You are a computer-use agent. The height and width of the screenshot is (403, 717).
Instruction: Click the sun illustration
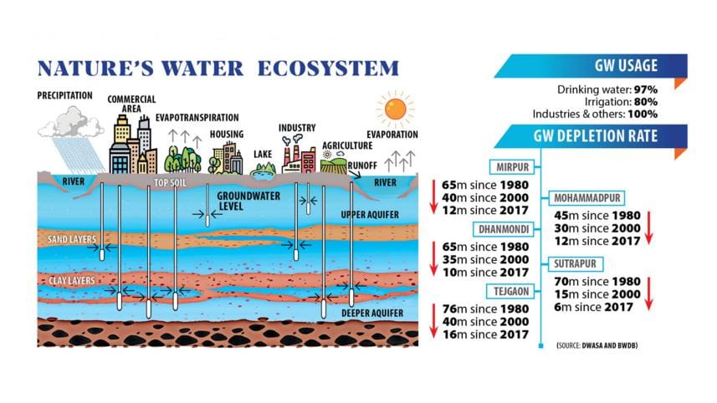coord(395,109)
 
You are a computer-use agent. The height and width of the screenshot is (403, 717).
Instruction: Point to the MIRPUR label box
coord(513,166)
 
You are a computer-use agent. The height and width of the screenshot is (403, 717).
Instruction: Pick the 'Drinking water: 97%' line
coord(607,89)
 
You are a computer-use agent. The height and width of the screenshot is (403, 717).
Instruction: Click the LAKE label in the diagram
coord(264,155)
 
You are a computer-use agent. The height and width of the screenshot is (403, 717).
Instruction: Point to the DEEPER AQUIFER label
coord(373,314)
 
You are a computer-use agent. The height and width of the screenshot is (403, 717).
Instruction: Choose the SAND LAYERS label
coord(70,240)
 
